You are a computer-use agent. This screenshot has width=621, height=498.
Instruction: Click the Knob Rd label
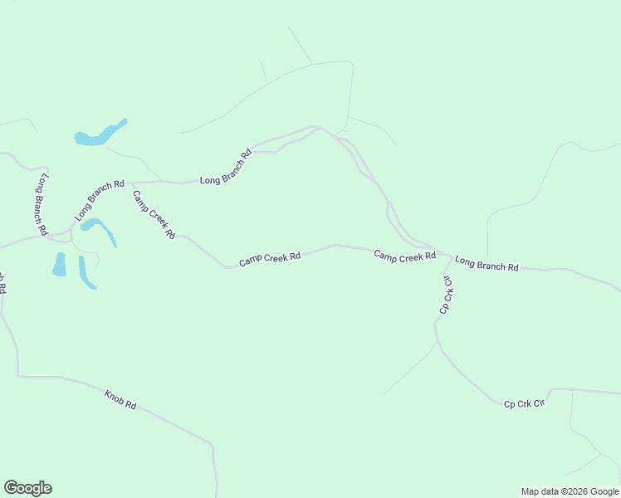(121, 398)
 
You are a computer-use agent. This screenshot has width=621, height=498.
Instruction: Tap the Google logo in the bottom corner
(27, 488)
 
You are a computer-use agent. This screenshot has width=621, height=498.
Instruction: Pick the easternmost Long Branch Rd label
(487, 265)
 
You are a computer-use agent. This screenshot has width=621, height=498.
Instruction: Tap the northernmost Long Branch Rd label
(226, 167)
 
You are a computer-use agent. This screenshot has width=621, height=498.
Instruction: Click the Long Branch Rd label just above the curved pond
(99, 200)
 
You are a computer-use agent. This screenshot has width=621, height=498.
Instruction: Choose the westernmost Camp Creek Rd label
(154, 215)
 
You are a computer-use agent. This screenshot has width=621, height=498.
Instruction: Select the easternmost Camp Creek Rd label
(404, 256)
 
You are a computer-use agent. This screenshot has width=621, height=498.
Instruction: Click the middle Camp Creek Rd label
(270, 259)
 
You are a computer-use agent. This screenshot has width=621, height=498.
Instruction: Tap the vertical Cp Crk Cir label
(447, 294)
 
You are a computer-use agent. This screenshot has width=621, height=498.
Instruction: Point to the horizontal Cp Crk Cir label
(524, 403)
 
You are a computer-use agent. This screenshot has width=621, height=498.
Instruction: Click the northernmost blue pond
(100, 134)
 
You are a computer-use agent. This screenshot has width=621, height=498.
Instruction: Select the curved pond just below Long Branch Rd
(100, 229)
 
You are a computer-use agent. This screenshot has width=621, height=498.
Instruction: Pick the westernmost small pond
(60, 264)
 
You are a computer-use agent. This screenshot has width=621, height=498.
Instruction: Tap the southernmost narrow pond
(86, 273)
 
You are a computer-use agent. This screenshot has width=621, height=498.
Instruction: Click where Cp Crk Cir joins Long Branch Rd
(452, 256)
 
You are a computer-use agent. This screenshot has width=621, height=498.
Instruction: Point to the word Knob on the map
(115, 396)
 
